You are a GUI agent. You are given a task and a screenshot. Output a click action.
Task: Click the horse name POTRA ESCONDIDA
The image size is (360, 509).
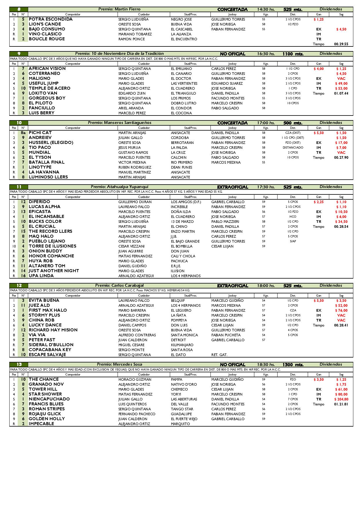[51, 19]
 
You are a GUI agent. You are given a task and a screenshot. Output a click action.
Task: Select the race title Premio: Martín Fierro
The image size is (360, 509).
[119, 9]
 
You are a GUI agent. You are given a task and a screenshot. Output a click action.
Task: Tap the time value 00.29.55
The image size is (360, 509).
[341, 44]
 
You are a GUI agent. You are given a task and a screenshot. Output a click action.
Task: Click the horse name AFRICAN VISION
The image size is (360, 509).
[47, 68]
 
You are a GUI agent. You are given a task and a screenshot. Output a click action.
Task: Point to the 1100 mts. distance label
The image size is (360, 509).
[293, 54]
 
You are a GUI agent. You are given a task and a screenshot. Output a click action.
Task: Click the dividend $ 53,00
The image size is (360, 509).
[341, 89]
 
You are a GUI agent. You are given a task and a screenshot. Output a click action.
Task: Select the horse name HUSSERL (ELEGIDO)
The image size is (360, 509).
[51, 142]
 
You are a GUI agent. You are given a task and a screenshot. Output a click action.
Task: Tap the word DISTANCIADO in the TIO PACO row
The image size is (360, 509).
[293, 147]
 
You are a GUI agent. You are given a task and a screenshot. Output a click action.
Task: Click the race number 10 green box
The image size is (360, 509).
[19, 123]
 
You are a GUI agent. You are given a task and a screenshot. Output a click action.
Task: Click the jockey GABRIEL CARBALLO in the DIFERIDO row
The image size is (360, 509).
[228, 202]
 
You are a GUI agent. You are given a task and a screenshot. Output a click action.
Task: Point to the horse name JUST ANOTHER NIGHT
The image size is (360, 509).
[54, 271]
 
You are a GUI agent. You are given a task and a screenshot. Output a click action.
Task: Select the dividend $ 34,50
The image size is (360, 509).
[341, 222]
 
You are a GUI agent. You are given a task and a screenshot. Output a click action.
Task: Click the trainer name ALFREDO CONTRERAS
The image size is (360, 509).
[137, 335]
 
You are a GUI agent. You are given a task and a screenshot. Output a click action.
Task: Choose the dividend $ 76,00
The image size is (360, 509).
[341, 311]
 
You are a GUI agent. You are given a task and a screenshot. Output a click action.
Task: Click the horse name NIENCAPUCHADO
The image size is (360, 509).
[49, 399]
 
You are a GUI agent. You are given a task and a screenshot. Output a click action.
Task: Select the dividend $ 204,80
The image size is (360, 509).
[341, 399]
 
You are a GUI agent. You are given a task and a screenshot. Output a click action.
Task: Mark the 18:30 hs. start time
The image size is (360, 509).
[266, 364]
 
